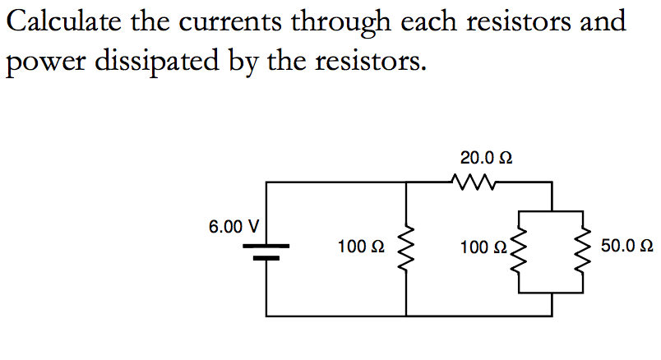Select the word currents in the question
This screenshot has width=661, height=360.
coord(228,21)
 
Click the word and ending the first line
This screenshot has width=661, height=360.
coord(602,21)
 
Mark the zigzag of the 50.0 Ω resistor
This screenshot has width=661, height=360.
coord(585,247)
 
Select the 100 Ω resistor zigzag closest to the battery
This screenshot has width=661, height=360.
coord(406,247)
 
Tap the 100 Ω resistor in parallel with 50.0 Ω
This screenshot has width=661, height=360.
coord(519,247)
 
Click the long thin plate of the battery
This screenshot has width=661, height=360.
coord(266,245)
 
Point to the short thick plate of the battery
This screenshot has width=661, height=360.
coord(266,257)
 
